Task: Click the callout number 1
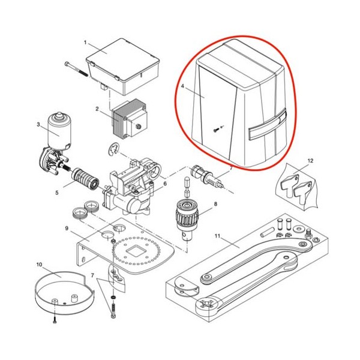pos(85,43)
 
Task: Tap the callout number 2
pos(97,109)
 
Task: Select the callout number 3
pos(38,124)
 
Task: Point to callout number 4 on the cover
pos(182,86)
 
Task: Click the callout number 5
pos(57,193)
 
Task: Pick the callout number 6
pos(165,184)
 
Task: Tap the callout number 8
pos(215,204)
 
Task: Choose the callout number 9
pos(67,229)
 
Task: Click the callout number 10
pos(39,265)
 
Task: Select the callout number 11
pos(217,236)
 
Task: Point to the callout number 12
pos(310,161)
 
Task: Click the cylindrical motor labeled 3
pos(59,131)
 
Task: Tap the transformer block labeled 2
pos(129,119)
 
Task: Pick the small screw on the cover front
pos(215,130)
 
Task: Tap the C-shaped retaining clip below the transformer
pos(113,149)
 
